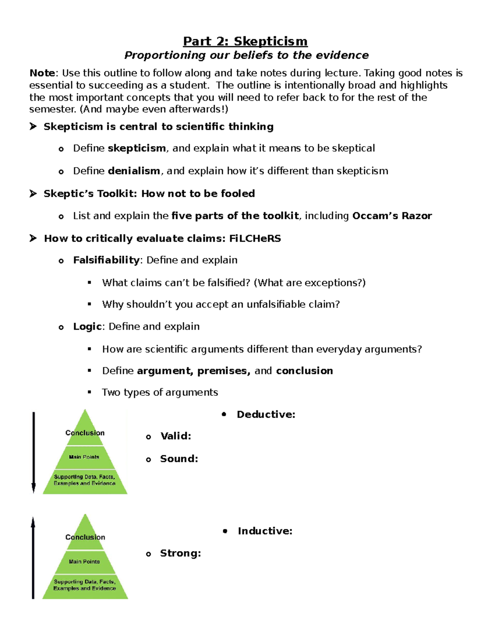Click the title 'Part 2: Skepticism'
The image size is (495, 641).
click(x=245, y=41)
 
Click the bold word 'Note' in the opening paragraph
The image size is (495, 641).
click(x=42, y=73)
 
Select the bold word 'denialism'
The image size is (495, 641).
click(x=134, y=171)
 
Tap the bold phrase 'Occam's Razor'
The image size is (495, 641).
click(x=392, y=216)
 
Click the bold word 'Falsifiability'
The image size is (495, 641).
click(x=106, y=260)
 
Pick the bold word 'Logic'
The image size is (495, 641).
click(x=87, y=326)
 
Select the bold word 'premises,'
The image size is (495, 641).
click(x=224, y=371)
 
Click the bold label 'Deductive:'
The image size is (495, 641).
click(x=266, y=414)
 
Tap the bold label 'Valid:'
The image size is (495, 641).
click(x=175, y=436)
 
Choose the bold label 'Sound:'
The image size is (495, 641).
click(x=179, y=459)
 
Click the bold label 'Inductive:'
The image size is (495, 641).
click(x=265, y=531)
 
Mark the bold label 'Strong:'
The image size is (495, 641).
click(x=180, y=553)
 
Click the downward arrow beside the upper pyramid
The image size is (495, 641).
click(x=34, y=452)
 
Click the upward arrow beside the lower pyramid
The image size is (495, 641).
click(x=33, y=557)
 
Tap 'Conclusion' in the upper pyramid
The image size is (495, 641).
click(x=85, y=433)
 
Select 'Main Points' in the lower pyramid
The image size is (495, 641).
click(x=84, y=562)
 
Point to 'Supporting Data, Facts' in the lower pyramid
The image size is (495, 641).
click(x=85, y=582)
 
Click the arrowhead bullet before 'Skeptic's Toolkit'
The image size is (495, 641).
click(x=33, y=194)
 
